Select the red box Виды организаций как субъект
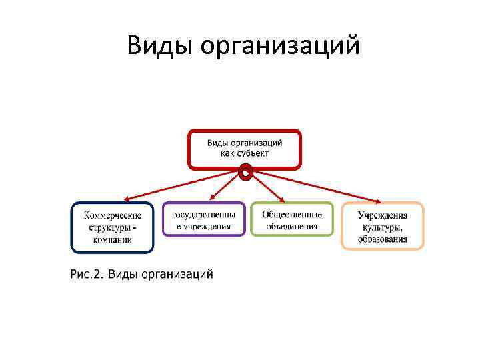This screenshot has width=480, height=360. [x=245, y=149]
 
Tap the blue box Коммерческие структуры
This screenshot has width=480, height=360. [x=112, y=227]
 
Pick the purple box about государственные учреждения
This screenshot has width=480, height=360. [x=203, y=220]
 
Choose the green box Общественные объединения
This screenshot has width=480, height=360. [x=292, y=220]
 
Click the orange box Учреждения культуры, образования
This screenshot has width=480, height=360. [x=383, y=226]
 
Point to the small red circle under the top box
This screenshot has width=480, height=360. [x=245, y=175]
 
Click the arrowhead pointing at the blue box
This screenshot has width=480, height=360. [x=127, y=199]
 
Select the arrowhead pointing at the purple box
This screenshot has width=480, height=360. [x=213, y=199]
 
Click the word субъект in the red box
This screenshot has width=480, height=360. [x=254, y=153]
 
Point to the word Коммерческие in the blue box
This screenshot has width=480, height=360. [x=113, y=216]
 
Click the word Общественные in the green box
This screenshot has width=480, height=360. [x=292, y=215]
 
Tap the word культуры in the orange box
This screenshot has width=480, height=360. [x=381, y=227]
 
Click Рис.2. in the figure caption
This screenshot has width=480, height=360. [x=85, y=273]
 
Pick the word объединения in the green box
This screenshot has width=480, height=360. [x=292, y=226]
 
